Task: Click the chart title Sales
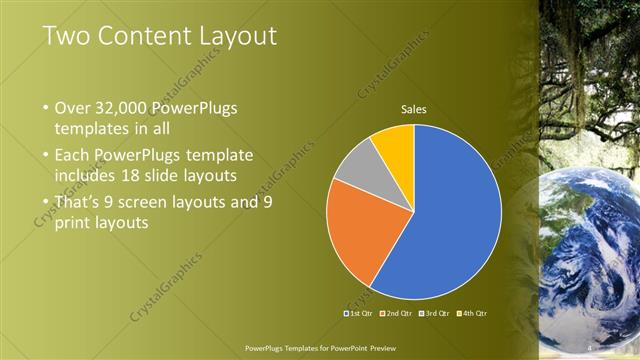pyautogui.click(x=414, y=109)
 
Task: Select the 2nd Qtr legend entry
pyautogui.click(x=398, y=313)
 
